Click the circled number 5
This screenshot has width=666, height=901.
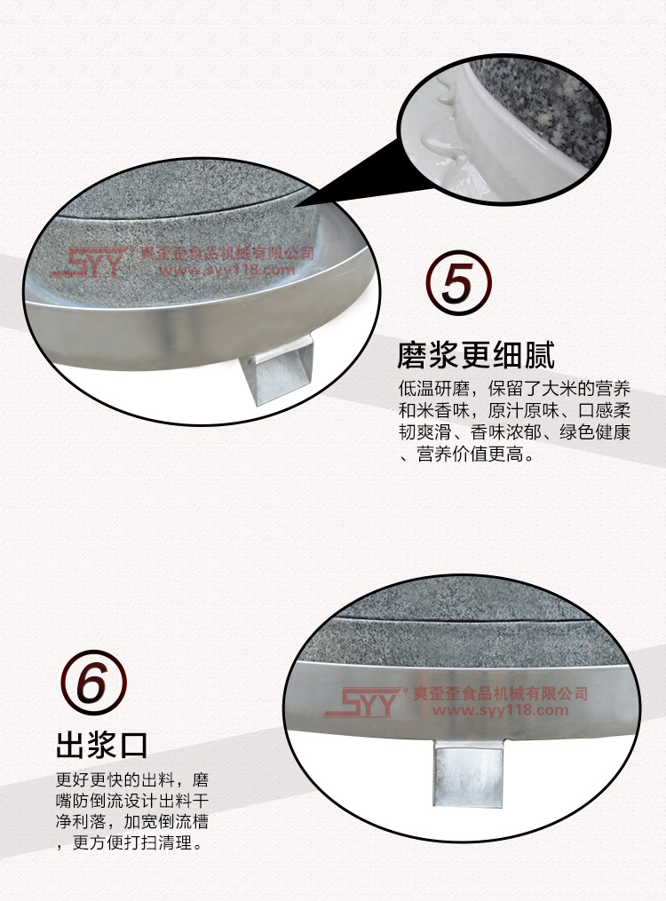click(x=458, y=282)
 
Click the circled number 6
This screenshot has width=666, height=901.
click(x=93, y=682)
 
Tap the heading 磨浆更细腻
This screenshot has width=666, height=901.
click(x=476, y=354)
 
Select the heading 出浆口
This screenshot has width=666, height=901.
click(x=102, y=746)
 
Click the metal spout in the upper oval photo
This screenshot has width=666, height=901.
click(x=281, y=367)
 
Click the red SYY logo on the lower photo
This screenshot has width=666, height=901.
click(x=363, y=701)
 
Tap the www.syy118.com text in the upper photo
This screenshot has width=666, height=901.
click(x=226, y=270)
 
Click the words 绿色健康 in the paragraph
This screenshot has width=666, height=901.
click(x=595, y=432)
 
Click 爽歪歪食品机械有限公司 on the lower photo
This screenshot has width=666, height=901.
click(x=501, y=693)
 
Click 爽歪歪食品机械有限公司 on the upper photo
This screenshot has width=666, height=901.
click(x=227, y=253)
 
